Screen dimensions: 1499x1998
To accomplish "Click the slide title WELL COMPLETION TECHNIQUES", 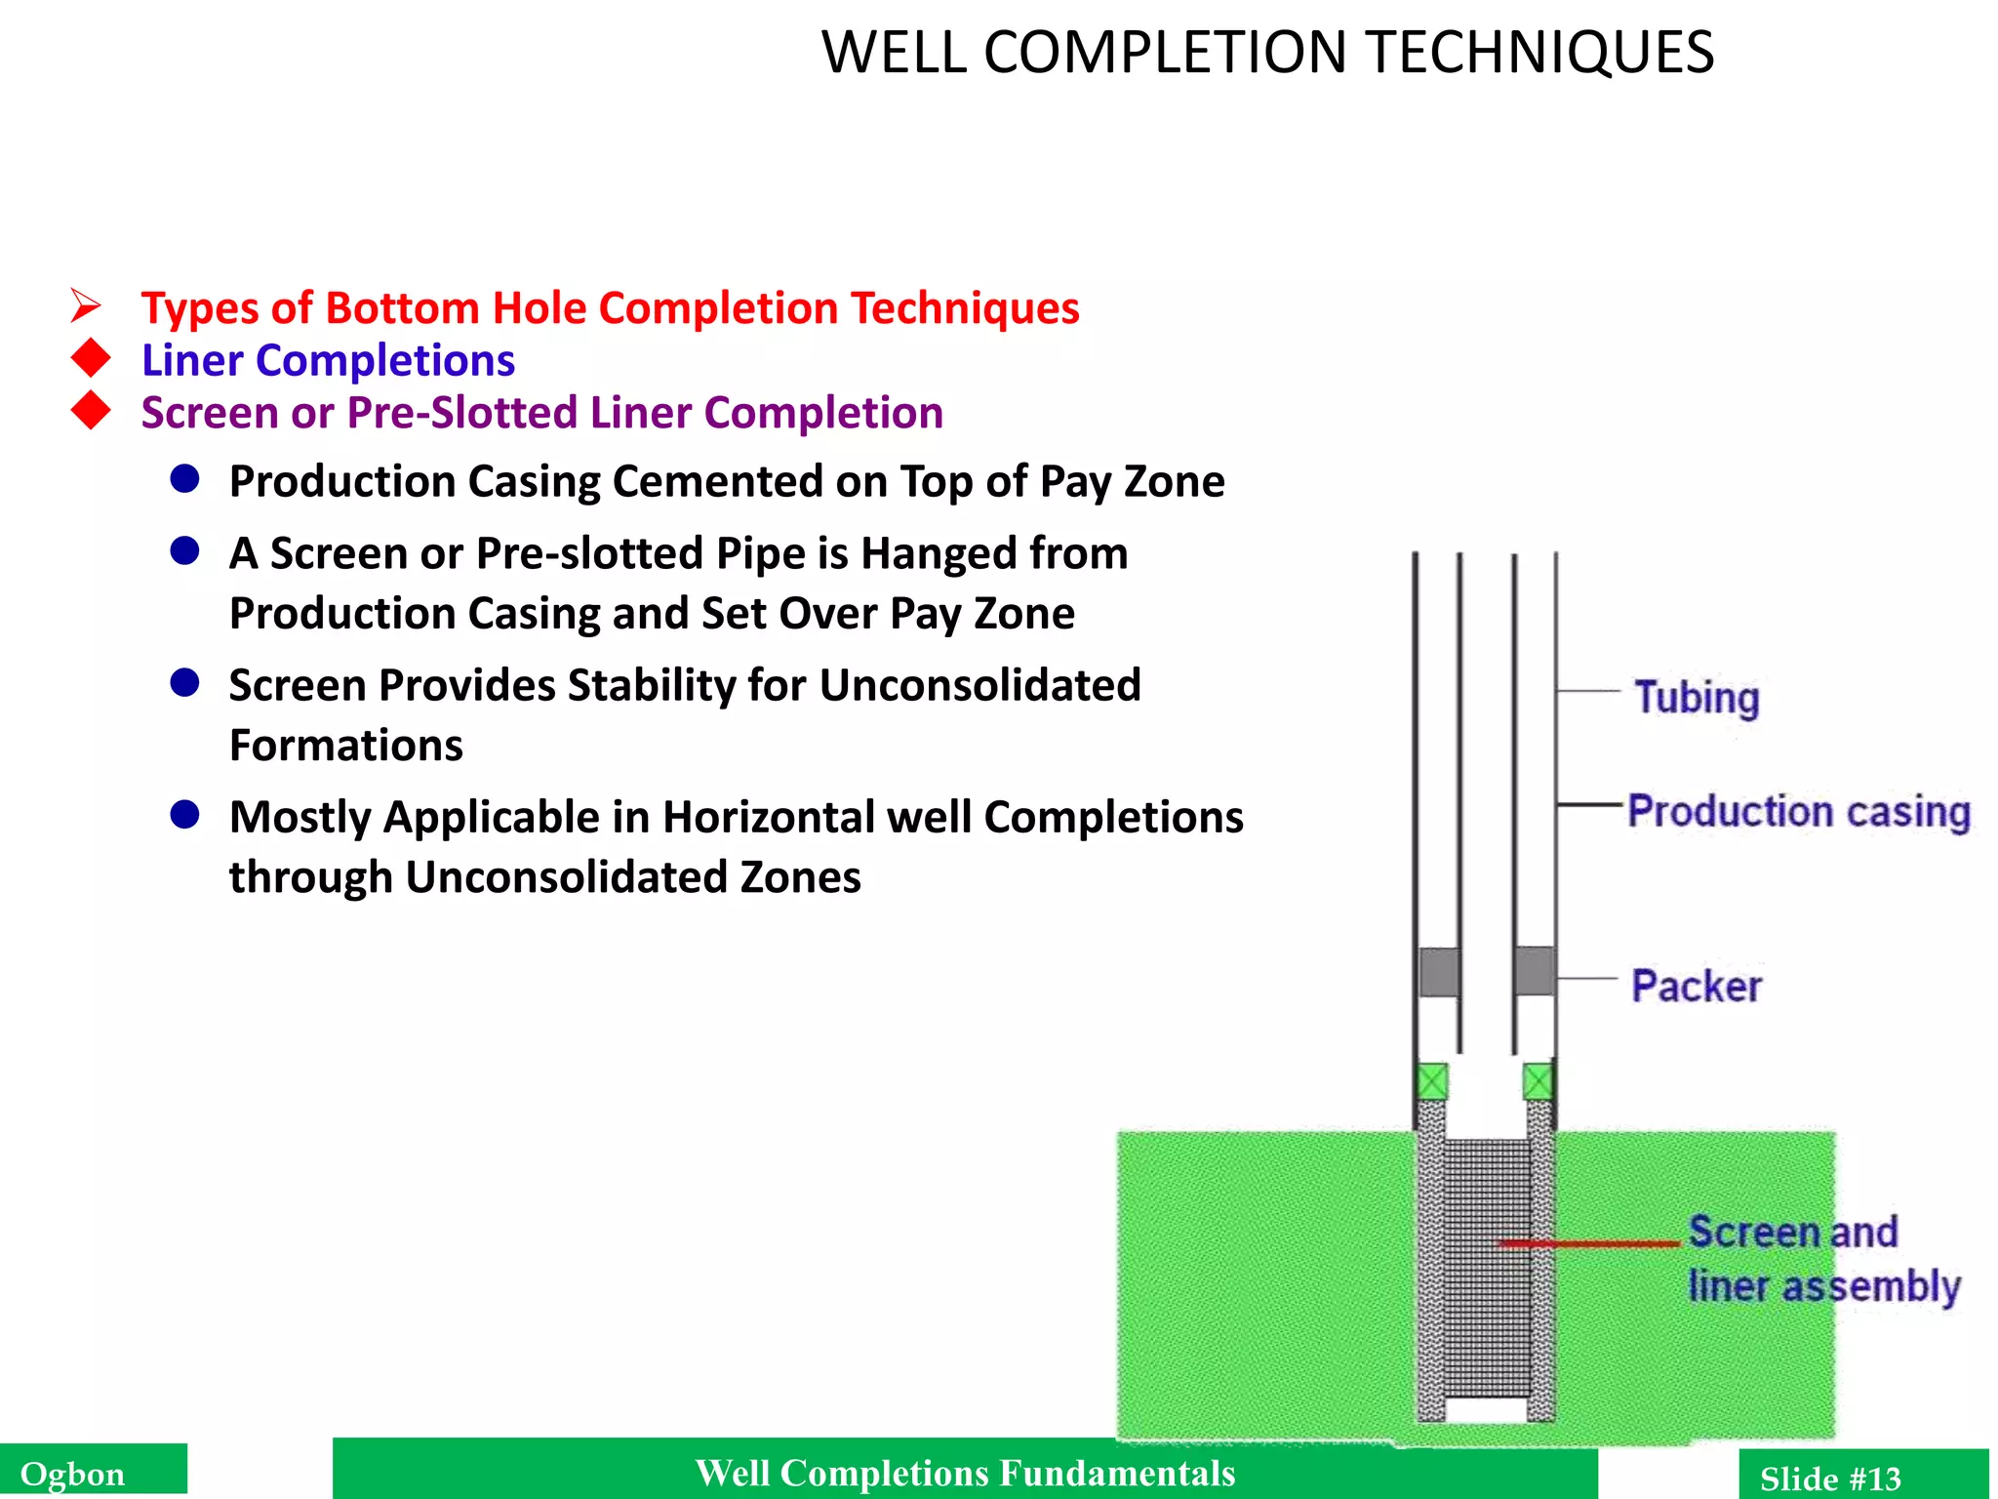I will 1266,53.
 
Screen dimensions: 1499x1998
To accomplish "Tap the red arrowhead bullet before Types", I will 86,306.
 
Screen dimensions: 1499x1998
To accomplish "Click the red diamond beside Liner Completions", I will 91,358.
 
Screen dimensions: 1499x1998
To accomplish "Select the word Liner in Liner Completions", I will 192,361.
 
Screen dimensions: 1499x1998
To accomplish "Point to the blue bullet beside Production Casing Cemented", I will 184,479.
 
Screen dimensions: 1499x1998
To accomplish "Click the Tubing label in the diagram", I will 1697,698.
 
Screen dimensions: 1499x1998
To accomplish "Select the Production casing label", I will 1799,812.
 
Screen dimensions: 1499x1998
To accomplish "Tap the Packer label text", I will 1697,986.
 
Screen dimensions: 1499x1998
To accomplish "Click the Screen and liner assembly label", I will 1822,1259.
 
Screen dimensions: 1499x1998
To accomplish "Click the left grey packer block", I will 1438,971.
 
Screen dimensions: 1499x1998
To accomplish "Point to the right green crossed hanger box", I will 1538,1081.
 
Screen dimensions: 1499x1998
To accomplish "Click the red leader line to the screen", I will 1590,1243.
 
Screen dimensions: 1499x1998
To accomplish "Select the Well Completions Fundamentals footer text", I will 964,1473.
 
